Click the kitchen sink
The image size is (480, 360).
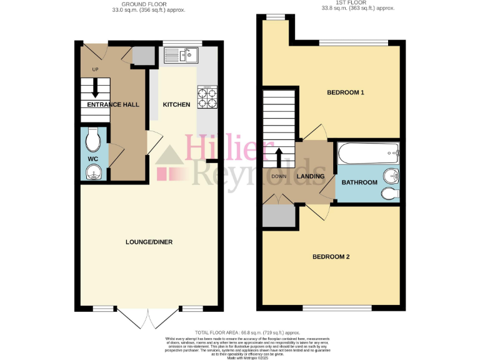click(181, 56)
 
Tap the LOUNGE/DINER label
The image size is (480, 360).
click(149, 242)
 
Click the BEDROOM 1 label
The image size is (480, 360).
click(346, 92)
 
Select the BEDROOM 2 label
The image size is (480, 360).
click(331, 257)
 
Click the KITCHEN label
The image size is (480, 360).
click(176, 104)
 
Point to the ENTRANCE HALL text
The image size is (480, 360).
click(112, 104)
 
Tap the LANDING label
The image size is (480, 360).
click(311, 176)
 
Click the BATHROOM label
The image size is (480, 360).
click(359, 182)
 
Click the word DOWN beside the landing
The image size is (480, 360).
click(279, 176)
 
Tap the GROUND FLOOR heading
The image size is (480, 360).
click(148, 4)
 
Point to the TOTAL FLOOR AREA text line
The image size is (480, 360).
click(247, 332)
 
